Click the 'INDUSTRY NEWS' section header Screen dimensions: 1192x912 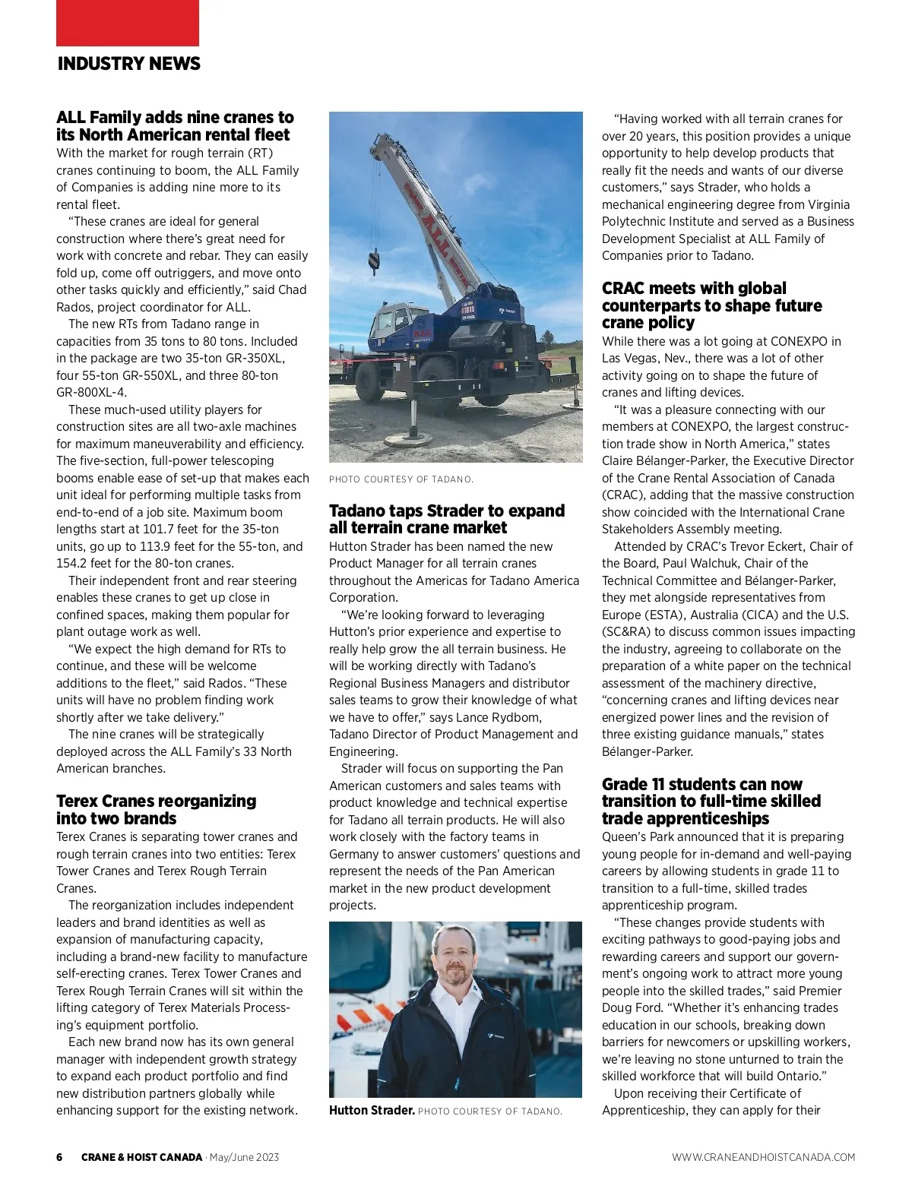point(128,64)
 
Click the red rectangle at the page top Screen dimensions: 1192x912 point(128,23)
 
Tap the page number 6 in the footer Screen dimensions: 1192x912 point(59,1157)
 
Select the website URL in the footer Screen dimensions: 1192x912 point(763,1157)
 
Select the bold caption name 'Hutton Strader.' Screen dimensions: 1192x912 point(372,1111)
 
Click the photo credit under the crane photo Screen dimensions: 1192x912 point(401,479)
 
